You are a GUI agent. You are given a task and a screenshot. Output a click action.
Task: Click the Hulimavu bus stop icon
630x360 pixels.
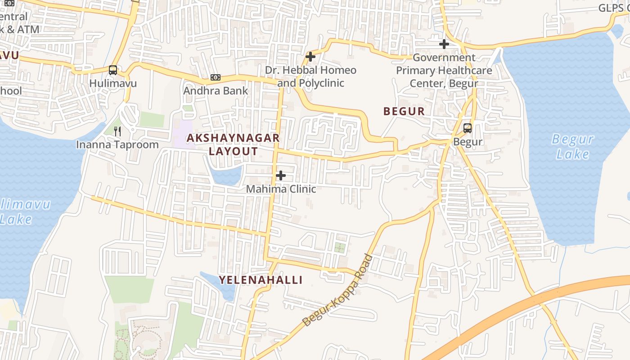tap(112, 70)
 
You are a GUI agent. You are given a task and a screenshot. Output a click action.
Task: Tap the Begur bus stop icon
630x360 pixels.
tap(468, 128)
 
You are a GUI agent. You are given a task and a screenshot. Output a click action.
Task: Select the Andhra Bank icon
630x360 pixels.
tap(216, 77)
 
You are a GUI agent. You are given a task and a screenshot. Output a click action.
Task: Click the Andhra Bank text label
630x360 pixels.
tap(216, 90)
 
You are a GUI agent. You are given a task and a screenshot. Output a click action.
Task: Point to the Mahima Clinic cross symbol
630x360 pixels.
tap(280, 175)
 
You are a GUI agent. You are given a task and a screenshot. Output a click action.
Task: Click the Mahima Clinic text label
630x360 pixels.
tap(281, 189)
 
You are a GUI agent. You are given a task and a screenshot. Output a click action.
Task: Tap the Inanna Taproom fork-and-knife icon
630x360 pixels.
tap(117, 131)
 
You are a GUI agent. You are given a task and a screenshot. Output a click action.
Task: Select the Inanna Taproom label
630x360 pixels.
tap(117, 144)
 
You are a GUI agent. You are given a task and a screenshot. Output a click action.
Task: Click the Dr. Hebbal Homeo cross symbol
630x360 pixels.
tap(310, 57)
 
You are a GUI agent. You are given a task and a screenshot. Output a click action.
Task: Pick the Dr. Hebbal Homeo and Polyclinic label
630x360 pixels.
tap(310, 76)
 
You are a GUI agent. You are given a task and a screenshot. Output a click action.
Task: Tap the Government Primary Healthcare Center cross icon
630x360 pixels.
tap(444, 44)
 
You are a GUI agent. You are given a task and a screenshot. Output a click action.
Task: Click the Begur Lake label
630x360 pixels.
tap(572, 147)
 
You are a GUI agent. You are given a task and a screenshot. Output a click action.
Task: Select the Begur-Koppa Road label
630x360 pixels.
tap(337, 291)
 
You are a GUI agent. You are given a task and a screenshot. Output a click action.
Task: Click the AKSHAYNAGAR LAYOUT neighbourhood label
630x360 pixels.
tap(233, 144)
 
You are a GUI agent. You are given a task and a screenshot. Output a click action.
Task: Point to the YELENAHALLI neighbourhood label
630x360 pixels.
tap(261, 280)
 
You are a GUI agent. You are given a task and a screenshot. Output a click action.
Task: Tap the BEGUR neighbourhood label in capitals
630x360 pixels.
tap(404, 112)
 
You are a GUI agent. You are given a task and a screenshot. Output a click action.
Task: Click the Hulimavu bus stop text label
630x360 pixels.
tap(112, 83)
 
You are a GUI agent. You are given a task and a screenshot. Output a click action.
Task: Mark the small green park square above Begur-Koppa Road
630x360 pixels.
tap(340, 247)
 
